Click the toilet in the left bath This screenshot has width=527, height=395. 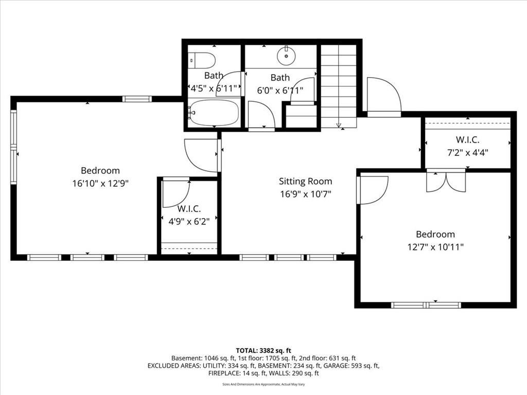tap(202, 60)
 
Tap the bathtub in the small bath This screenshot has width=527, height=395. tap(214, 113)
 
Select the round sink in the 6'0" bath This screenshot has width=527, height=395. tap(286, 54)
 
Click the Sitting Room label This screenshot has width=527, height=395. tap(305, 181)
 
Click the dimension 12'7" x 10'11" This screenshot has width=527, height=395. tap(435, 247)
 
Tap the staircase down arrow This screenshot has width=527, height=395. tap(339, 124)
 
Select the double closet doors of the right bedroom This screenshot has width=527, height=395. tap(446, 181)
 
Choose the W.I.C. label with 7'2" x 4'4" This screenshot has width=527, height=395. tap(467, 139)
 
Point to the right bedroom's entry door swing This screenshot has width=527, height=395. tap(373, 190)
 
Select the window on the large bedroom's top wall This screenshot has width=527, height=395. tap(137, 99)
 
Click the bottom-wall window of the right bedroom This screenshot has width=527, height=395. tap(426, 305)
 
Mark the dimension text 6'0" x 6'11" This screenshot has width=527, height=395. tap(279, 89)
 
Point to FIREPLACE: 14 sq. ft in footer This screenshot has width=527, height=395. tap(236, 373)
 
